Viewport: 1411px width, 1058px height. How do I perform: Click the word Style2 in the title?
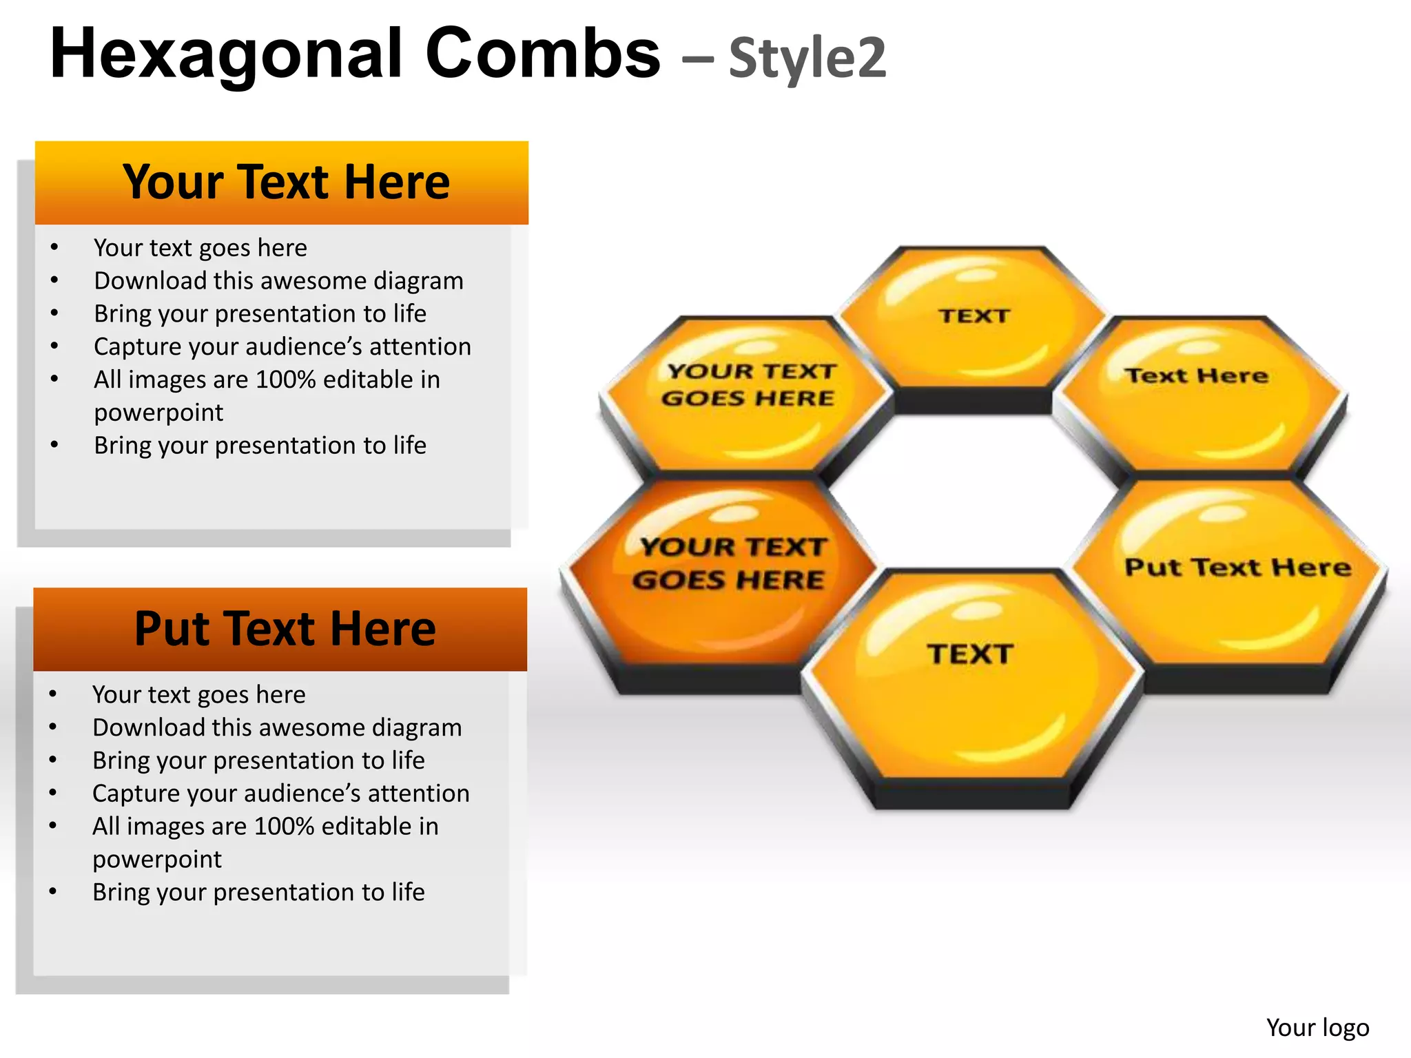(807, 58)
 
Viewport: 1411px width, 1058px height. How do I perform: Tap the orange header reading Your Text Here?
(285, 183)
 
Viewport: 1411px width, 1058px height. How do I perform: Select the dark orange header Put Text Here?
(285, 629)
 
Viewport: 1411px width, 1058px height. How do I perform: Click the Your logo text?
(1317, 1027)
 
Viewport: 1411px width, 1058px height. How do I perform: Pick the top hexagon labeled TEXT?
(973, 324)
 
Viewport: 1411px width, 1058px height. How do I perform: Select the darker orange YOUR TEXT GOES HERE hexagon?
(723, 572)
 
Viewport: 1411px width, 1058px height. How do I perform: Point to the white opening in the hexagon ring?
(971, 492)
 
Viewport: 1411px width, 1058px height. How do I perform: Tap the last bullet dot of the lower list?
(53, 892)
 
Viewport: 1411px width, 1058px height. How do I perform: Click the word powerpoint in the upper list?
(158, 413)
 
